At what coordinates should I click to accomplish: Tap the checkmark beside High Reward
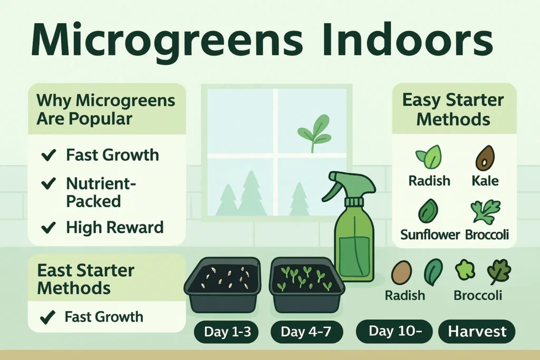(x=49, y=227)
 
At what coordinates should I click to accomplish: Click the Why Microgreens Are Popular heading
(x=105, y=109)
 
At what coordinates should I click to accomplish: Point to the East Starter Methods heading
(x=86, y=279)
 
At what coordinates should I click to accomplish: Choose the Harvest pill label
(x=477, y=332)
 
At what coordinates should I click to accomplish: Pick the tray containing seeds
(x=222, y=283)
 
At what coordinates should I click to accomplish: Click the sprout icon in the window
(x=313, y=133)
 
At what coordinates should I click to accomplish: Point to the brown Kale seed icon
(x=485, y=157)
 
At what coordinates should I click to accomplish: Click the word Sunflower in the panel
(x=430, y=235)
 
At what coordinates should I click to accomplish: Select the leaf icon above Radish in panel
(x=428, y=157)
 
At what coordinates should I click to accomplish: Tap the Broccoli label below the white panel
(x=478, y=295)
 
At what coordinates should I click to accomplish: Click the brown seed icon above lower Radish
(x=401, y=273)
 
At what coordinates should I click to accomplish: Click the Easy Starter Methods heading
(x=454, y=109)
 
